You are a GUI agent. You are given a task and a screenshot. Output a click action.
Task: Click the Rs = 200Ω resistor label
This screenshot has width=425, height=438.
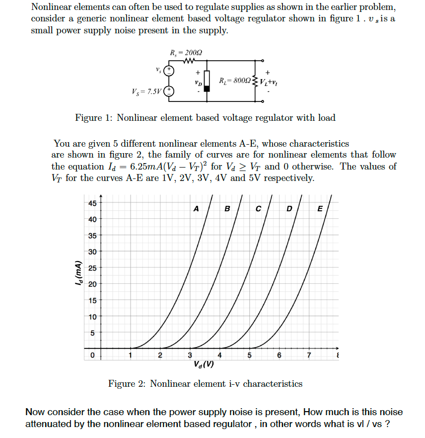tap(186, 52)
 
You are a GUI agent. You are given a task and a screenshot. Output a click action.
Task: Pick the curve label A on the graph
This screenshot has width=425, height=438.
tap(196, 209)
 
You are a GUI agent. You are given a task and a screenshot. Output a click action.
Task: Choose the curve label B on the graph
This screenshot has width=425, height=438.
tap(227, 209)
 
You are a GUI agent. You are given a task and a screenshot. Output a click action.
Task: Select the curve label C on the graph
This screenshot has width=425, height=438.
tap(258, 209)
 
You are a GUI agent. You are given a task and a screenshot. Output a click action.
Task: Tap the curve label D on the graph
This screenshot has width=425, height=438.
tap(289, 209)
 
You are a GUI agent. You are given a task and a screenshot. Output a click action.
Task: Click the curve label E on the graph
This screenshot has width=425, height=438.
tap(320, 209)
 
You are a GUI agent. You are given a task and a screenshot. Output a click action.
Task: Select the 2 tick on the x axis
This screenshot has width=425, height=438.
tap(160, 355)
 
